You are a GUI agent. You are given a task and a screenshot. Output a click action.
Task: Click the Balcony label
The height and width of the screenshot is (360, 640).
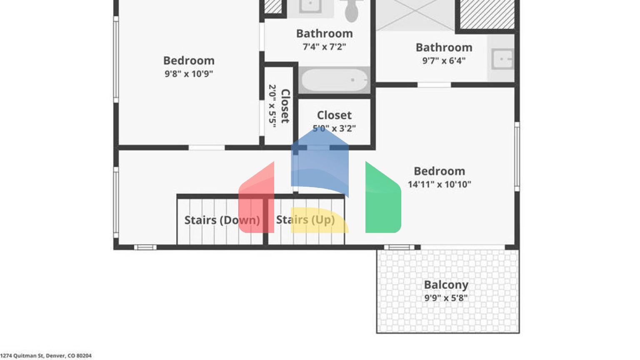pyautogui.click(x=446, y=285)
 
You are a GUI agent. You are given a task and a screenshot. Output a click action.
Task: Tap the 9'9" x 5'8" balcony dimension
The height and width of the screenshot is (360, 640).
pyautogui.click(x=446, y=298)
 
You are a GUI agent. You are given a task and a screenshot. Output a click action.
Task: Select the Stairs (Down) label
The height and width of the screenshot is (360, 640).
pyautogui.click(x=222, y=220)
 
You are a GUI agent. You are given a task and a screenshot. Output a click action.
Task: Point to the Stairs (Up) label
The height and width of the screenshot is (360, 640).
pyautogui.click(x=305, y=220)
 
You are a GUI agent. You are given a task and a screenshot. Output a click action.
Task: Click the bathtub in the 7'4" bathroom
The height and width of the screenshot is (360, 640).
pyautogui.click(x=335, y=80)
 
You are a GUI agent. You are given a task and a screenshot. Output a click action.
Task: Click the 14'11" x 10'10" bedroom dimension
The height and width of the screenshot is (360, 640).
pyautogui.click(x=439, y=184)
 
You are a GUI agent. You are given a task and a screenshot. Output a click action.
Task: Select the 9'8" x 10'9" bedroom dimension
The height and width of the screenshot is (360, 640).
pyautogui.click(x=189, y=74)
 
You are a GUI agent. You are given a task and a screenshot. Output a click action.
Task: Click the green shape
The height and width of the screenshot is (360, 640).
pyautogui.click(x=382, y=200)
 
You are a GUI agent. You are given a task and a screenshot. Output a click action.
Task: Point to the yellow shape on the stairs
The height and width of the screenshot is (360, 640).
pyautogui.click(x=319, y=220)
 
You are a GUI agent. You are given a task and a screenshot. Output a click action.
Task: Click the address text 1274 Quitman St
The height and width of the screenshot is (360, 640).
pyautogui.click(x=46, y=356)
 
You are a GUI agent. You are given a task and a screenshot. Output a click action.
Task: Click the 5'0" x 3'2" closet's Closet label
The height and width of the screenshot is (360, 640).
pyautogui.click(x=334, y=115)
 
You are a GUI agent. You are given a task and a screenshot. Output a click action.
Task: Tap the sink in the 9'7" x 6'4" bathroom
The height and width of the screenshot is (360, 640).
pyautogui.click(x=502, y=59)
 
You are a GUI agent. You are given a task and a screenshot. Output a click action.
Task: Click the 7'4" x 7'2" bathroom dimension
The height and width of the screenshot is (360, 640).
pyautogui.click(x=324, y=47)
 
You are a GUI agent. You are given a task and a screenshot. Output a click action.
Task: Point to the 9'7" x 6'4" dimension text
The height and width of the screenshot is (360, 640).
pyautogui.click(x=444, y=60)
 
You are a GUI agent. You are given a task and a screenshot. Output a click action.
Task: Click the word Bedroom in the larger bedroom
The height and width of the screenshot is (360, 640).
pyautogui.click(x=439, y=171)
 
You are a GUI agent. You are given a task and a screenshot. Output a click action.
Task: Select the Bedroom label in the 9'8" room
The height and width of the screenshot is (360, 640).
pyautogui.click(x=189, y=60)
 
